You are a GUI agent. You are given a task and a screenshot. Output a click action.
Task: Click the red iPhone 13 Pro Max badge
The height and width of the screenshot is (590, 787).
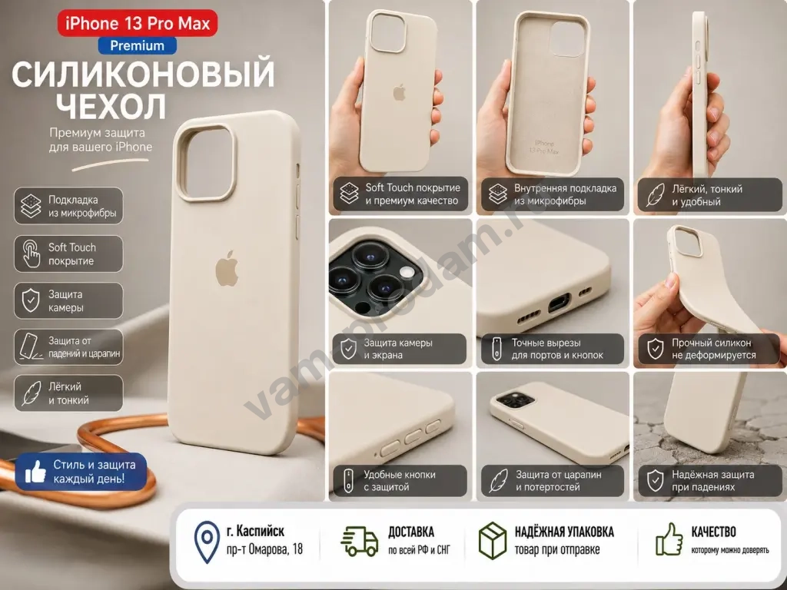138,23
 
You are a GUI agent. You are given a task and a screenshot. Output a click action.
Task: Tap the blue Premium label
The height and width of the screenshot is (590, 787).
137,45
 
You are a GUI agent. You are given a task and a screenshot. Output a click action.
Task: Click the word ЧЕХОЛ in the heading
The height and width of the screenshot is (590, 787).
111,106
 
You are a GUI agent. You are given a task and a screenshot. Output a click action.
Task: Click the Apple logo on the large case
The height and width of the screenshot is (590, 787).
227,269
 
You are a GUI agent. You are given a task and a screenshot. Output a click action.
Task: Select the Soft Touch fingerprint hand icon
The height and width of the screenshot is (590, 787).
31,254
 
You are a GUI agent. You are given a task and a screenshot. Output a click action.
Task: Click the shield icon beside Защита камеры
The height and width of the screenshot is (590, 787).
31,300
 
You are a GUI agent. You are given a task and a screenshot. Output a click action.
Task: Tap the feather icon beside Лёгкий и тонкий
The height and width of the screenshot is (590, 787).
31,393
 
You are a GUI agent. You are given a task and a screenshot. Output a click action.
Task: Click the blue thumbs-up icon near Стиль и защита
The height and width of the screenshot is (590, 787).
35,472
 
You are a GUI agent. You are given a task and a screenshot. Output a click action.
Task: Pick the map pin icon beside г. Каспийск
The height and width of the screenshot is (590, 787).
207,542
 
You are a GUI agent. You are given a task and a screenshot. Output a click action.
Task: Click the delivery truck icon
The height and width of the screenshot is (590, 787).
360,542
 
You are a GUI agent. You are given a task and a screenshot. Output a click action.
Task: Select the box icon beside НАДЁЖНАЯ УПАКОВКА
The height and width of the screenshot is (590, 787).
493,540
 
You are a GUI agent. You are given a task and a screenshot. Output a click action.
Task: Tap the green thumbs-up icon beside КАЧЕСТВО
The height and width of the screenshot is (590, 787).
669,539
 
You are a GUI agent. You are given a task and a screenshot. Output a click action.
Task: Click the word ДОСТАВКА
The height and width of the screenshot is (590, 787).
411,532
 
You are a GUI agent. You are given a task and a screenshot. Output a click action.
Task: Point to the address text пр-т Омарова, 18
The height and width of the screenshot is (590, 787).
264,549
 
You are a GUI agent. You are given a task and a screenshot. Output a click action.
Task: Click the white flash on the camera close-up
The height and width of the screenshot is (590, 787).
407,273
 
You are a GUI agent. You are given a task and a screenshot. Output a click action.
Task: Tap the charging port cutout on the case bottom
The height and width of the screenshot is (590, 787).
558,303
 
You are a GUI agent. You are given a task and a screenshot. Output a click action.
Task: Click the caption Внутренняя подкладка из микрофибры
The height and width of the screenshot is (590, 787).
565,194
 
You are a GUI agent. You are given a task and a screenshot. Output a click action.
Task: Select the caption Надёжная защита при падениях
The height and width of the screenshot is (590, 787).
712,481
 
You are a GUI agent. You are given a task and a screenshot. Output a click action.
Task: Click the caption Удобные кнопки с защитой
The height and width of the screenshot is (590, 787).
400,481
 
